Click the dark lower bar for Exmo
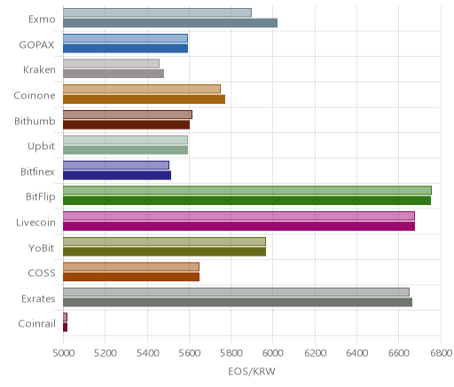tap(170, 23)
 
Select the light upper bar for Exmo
tap(157, 12)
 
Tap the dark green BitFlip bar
tap(247, 201)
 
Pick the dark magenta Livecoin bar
tap(239, 226)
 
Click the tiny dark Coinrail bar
tap(65, 328)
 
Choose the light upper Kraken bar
tap(111, 63)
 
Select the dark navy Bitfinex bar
tap(117, 176)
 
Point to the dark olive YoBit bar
tap(164, 252)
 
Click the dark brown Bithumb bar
tap(126, 125)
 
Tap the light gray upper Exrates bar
tap(236, 292)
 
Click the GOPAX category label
tap(36, 45)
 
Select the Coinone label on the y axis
tap(35, 96)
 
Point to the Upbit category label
tap(41, 146)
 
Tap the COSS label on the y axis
tap(42, 272)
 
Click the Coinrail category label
tap(36, 324)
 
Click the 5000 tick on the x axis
tap(64, 353)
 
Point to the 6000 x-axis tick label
tap(273, 353)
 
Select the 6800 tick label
tap(441, 353)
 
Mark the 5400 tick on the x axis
tap(147, 353)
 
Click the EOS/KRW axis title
tap(252, 371)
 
